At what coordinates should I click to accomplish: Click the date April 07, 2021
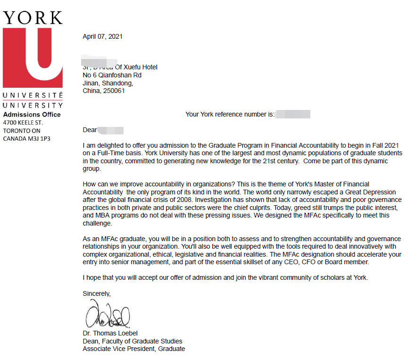click(102, 36)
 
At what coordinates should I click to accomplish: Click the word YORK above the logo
click(33, 17)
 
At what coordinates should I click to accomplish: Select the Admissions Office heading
click(32, 115)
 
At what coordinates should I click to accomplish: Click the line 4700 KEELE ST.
click(23, 123)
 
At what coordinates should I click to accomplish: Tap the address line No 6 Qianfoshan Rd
click(112, 75)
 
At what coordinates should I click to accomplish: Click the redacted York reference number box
click(293, 114)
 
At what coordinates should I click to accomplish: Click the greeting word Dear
click(90, 130)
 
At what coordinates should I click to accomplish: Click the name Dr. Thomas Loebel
click(110, 333)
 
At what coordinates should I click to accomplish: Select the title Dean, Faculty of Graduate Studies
click(132, 341)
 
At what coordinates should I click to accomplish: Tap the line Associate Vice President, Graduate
click(133, 349)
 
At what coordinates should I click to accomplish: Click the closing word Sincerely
click(96, 293)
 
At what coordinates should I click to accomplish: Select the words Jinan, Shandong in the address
click(108, 83)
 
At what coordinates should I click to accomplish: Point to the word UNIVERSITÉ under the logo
click(33, 96)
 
